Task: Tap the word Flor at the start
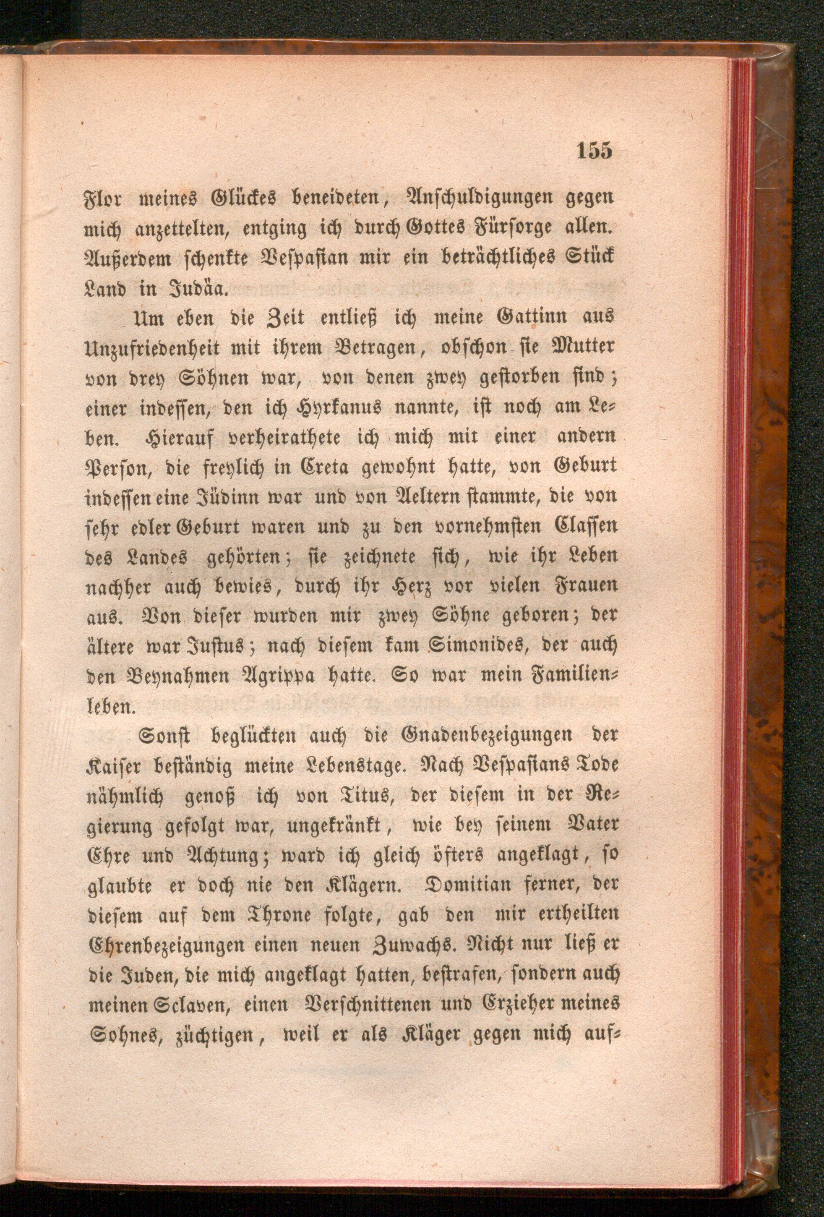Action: tap(104, 200)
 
